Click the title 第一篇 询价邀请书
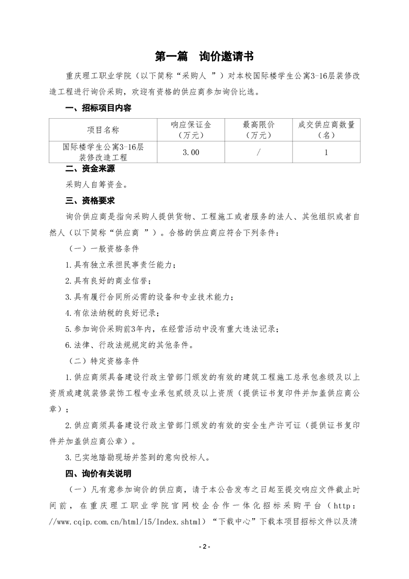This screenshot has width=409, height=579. (204, 56)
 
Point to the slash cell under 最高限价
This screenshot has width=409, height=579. (258, 153)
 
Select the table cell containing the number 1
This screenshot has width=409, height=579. (326, 153)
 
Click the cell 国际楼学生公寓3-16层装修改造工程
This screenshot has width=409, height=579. (103, 153)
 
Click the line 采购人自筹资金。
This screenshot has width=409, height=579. (96, 183)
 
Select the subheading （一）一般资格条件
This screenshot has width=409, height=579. (104, 248)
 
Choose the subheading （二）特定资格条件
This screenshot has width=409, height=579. (104, 360)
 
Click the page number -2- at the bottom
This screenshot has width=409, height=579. (204, 546)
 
